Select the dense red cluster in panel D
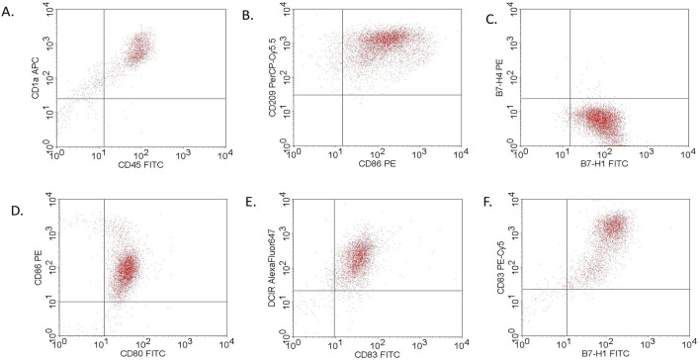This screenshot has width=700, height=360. pos(126,270)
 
